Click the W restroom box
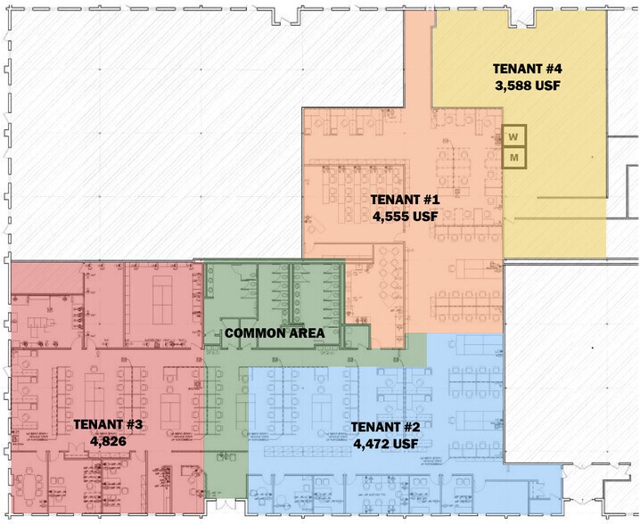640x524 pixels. [514, 136]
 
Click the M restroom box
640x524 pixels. [514, 158]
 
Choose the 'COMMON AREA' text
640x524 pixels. [274, 333]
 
